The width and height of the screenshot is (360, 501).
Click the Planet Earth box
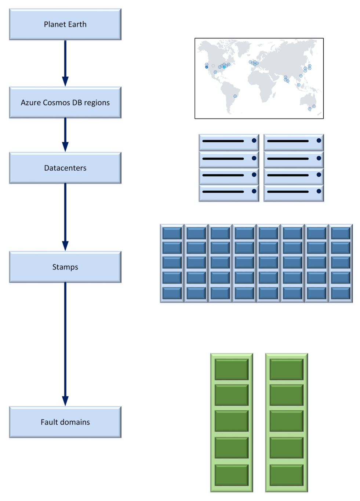[65, 24]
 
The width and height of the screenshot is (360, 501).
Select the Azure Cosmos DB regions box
[65, 102]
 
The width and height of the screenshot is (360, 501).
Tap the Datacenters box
[65, 168]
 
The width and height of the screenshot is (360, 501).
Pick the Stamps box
[65, 267]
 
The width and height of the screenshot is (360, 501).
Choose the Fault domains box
[65, 422]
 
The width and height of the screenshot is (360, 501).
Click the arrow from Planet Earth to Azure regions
[65, 62]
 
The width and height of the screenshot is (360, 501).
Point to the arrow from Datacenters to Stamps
[65, 217]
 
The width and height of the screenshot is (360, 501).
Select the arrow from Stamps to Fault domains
[65, 343]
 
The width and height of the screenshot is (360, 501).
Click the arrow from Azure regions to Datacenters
[65, 134]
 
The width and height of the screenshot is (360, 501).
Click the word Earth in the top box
[77, 24]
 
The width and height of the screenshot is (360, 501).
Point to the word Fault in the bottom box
[49, 422]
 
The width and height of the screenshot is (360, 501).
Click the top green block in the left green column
[232, 369]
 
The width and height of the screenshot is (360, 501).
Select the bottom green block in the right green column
[286, 475]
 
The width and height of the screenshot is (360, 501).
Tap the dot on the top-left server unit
[254, 141]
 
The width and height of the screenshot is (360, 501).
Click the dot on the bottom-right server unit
[319, 191]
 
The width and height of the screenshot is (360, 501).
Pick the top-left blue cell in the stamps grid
[172, 233]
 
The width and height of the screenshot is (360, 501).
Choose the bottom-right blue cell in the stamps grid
[341, 293]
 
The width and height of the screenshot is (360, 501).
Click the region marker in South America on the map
[235, 96]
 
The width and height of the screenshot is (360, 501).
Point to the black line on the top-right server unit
[288, 141]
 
